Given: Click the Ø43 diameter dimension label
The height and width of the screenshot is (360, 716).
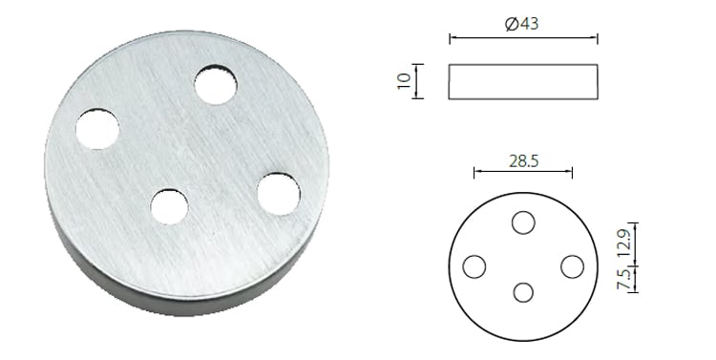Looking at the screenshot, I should point(522,25).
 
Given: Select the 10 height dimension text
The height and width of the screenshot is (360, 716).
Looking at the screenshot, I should point(404,81).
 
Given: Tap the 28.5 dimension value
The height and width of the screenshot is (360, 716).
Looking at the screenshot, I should point(522,161).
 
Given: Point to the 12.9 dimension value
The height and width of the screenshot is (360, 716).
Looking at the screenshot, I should point(624,241).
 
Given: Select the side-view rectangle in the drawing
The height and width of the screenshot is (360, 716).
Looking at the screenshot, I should point(522,81).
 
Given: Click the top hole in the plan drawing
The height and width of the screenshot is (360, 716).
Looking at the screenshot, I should point(522,222).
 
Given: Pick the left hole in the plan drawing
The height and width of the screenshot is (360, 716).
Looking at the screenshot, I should point(474,266).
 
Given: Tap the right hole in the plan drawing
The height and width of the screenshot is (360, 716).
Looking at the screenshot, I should point(571,266).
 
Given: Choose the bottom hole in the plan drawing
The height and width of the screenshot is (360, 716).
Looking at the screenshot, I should point(522,292).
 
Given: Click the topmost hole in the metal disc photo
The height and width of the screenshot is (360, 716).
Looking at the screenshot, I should point(216,85).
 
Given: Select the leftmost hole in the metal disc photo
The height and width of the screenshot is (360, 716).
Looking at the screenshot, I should point(97,129).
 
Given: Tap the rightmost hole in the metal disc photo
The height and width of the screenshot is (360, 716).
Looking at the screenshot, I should point(278,194).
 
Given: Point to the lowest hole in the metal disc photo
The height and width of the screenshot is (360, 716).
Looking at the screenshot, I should point(169,206).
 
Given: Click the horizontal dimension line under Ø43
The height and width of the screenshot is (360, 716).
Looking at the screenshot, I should point(522,39).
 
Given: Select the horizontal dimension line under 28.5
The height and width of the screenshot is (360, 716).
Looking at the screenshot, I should point(522,173).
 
